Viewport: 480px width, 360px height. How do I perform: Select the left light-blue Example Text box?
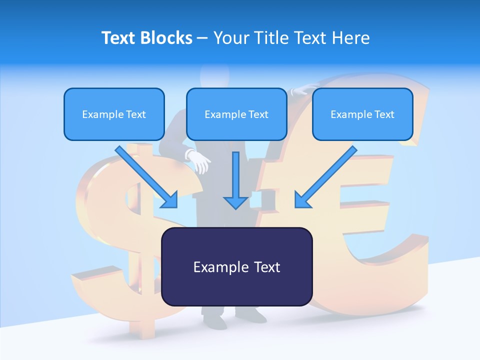tap(114, 114)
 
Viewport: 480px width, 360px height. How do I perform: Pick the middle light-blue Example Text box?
tap(236, 114)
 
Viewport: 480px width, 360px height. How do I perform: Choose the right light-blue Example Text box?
tap(362, 114)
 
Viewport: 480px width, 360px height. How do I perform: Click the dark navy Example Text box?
tap(236, 266)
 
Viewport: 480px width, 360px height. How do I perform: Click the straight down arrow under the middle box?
tap(235, 180)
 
